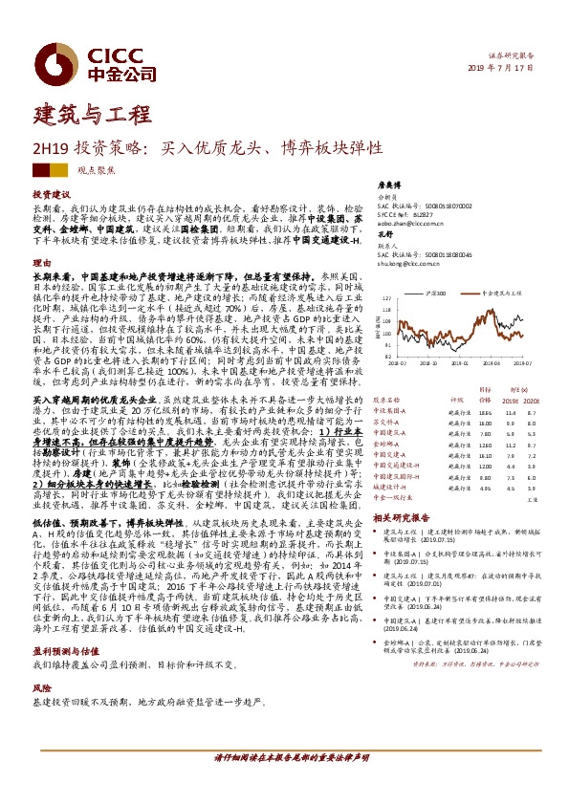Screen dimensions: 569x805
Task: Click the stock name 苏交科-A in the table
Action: tap(386, 422)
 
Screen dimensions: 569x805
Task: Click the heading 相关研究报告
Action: tap(406, 516)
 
